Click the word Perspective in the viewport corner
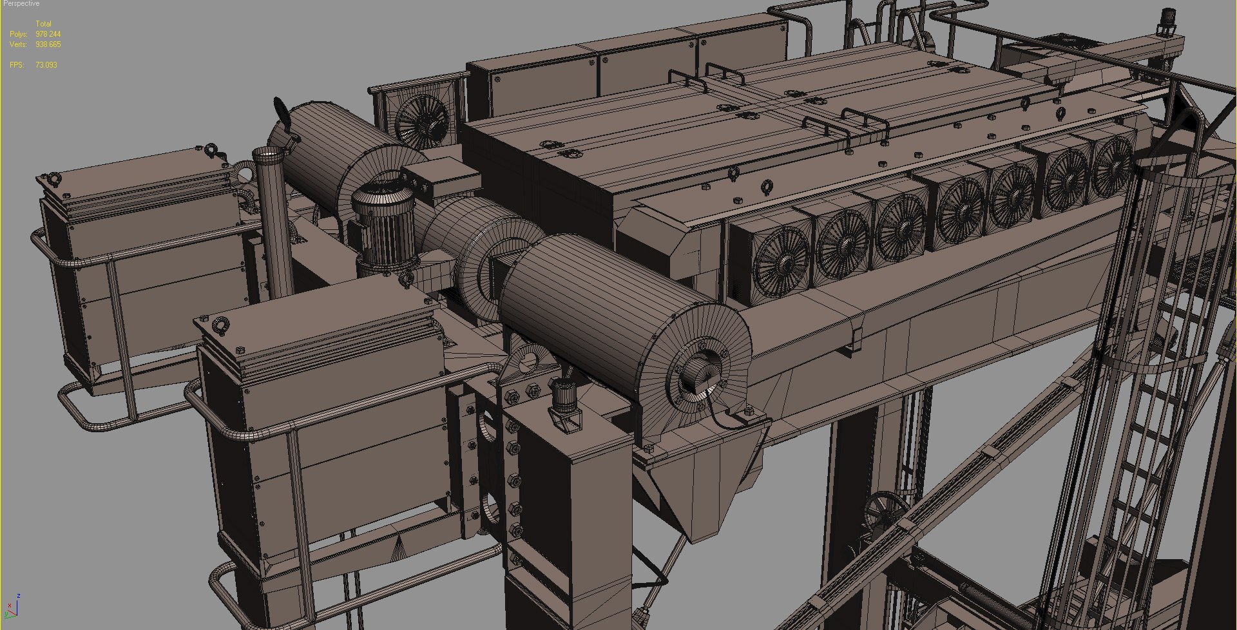(x=21, y=4)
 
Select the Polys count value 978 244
(x=48, y=34)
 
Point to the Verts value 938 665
(x=48, y=44)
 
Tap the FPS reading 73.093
(x=46, y=65)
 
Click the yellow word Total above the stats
(x=43, y=24)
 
